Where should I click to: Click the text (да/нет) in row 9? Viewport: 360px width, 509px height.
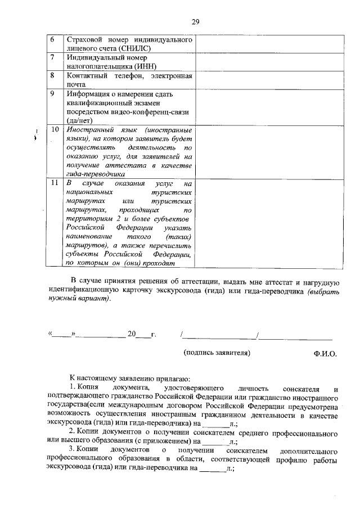[80, 120]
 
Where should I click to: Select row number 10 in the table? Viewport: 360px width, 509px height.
[55, 130]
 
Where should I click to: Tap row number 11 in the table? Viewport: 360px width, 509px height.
[55, 183]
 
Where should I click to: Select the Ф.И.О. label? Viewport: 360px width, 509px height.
[325, 354]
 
